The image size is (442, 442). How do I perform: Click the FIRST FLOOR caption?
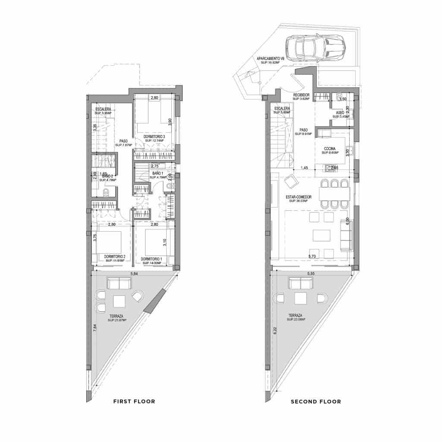point(134,401)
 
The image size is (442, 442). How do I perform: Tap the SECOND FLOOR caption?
point(316,401)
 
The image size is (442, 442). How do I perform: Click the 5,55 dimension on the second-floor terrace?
point(311,274)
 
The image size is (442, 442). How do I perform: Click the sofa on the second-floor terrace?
point(300,284)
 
